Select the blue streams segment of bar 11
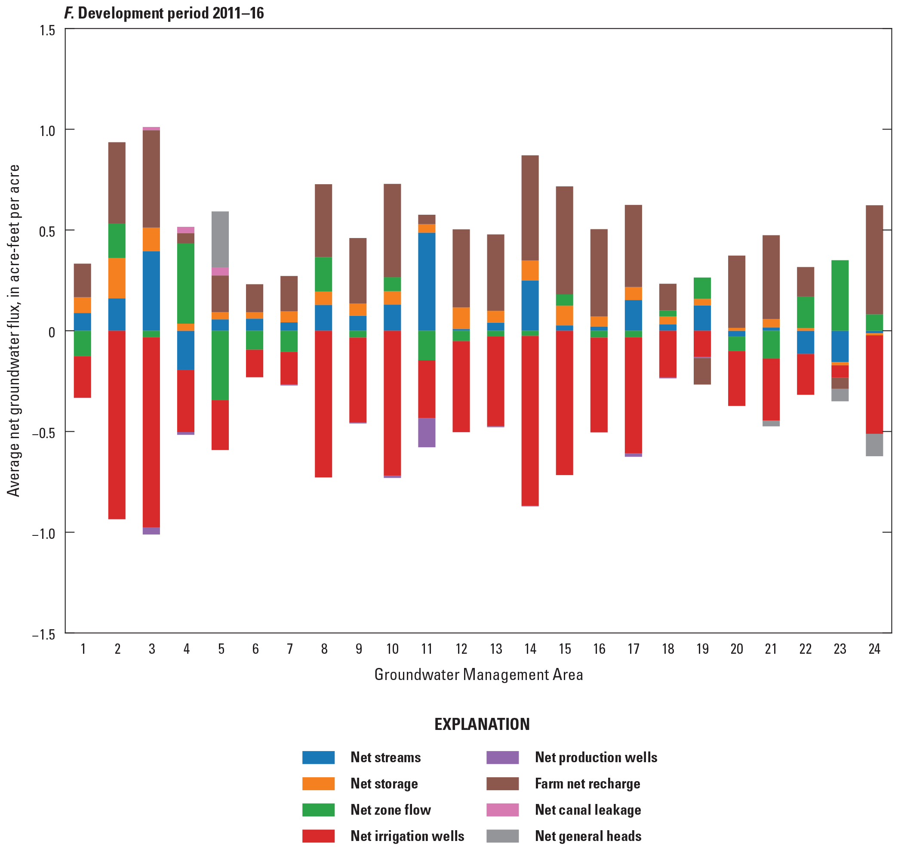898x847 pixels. point(426,281)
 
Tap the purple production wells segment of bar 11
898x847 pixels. point(426,432)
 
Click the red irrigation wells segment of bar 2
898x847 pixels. point(117,424)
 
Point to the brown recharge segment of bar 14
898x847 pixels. point(530,207)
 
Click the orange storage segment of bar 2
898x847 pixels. point(117,278)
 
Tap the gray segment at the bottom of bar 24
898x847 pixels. point(874,445)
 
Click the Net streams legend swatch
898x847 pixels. point(318,757)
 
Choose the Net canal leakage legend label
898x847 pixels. point(587,810)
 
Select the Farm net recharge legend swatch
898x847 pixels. point(502,783)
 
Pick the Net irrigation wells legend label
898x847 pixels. point(407,836)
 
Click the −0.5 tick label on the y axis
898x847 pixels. point(43,433)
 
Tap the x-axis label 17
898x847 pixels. point(634,649)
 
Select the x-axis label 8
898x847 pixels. point(324,649)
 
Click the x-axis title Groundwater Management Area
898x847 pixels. point(478,675)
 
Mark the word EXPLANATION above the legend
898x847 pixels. point(482,724)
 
